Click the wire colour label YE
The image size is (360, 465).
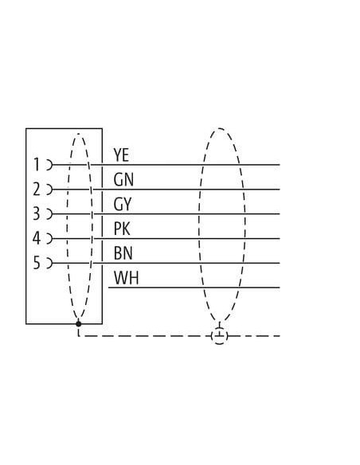121,154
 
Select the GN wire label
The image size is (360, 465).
123,179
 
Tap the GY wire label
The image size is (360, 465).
122,205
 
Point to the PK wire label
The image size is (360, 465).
122,229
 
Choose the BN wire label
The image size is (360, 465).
123,253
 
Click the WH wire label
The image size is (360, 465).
127,278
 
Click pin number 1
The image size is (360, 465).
37,165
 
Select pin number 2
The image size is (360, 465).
36,190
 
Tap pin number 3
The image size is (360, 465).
36,214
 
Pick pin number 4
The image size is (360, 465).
36,238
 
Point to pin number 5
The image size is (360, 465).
36,263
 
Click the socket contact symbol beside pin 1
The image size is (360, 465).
49,165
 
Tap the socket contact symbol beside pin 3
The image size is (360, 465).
49,214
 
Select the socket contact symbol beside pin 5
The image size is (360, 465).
49,263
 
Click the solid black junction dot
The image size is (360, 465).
79,324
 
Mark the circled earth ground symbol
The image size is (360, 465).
220,336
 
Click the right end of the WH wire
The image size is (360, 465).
280,287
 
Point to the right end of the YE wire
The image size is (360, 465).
280,165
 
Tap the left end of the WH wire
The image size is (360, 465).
108,287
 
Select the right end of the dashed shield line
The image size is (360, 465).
280,336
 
